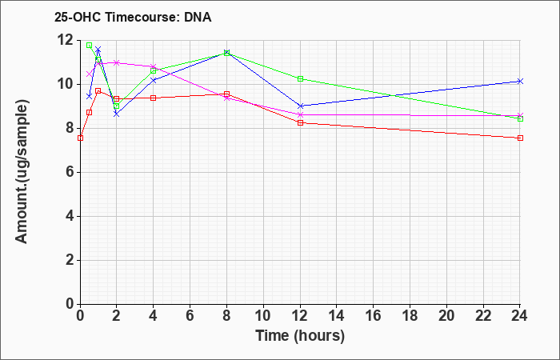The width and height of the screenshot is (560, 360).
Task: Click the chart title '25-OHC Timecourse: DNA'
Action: (133, 17)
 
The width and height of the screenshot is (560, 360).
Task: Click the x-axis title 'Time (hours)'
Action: (300, 336)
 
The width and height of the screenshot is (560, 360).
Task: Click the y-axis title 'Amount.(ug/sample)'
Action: (22, 172)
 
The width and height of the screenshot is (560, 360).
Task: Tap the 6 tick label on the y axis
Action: (70, 173)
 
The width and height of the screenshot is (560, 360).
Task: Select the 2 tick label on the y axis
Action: (70, 260)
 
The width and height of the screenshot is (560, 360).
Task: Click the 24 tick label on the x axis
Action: (519, 316)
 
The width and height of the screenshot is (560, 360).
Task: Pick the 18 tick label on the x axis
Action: (410, 316)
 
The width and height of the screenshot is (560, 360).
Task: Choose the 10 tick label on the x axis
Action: (263, 316)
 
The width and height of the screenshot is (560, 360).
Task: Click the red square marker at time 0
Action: (80, 138)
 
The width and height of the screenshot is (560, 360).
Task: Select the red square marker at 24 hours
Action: (520, 138)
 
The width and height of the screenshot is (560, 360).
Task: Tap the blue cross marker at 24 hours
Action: (520, 81)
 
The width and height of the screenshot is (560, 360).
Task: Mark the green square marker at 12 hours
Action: (300, 78)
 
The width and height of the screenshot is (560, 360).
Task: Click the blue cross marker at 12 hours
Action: (300, 106)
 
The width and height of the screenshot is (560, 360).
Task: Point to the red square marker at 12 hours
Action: (300, 122)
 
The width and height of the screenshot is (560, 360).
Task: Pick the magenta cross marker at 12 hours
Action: (300, 114)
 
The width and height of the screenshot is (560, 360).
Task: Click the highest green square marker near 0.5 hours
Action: (90, 46)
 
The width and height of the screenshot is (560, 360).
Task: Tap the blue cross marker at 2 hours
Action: (117, 114)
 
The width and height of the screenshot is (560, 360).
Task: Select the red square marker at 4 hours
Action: (154, 98)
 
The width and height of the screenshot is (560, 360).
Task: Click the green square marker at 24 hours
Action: (520, 119)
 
